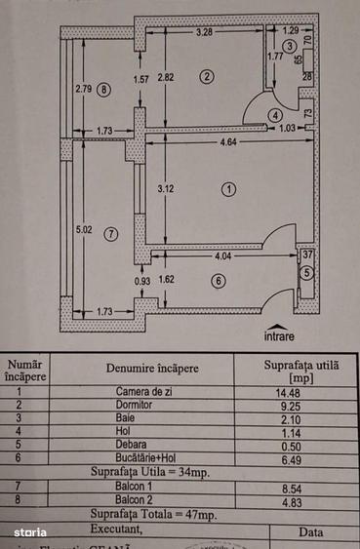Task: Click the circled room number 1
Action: click(x=227, y=189)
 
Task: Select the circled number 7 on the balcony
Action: click(x=110, y=234)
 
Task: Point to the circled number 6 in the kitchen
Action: click(x=218, y=282)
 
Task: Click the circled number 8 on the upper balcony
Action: click(x=104, y=90)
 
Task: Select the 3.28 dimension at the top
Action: click(x=205, y=33)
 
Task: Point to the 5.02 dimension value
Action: click(x=84, y=231)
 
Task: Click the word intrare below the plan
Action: click(x=279, y=336)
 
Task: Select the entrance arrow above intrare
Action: click(x=279, y=326)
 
